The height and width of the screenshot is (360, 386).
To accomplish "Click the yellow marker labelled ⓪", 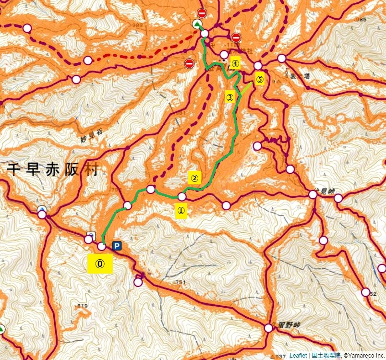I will (100, 264).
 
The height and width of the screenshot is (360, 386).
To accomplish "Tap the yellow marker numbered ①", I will (181, 210).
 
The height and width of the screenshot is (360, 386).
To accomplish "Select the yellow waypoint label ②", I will (194, 178).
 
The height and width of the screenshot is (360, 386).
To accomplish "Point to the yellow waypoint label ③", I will (229, 97).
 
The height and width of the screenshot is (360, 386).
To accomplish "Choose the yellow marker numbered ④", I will (235, 62).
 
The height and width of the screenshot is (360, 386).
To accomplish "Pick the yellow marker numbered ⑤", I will (259, 80).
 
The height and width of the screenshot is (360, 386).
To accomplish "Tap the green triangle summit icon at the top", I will (196, 24).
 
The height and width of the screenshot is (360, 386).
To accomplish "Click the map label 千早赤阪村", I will (52, 168).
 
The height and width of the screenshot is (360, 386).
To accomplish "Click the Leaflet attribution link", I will (298, 356).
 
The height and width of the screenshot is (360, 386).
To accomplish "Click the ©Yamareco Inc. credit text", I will (363, 356).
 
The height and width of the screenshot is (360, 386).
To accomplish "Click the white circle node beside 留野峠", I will (268, 328).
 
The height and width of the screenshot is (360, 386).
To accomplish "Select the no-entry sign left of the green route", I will (189, 63).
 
